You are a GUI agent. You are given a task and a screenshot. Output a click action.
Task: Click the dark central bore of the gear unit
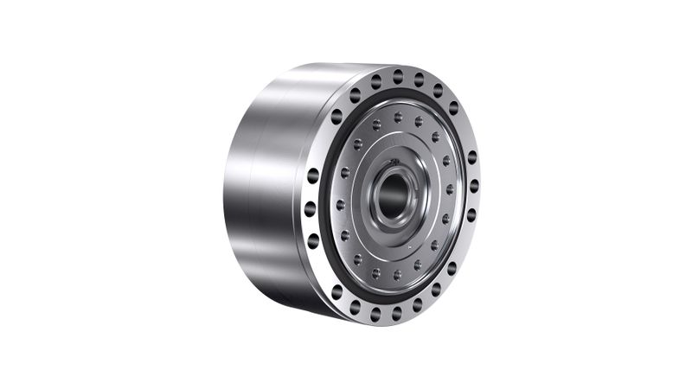[394, 192]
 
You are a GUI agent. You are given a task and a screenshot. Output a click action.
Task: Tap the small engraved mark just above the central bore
[394, 162]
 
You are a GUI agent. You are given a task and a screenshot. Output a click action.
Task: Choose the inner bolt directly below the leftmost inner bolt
[344, 235]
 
